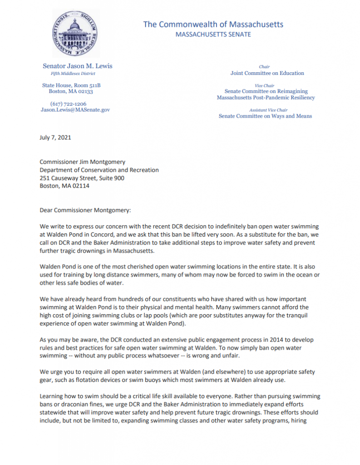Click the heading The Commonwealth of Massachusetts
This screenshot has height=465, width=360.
[213, 25]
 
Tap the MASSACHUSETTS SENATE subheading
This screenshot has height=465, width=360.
[213, 35]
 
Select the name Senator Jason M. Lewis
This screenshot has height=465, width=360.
[77, 66]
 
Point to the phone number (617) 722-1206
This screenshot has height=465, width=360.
[68, 104]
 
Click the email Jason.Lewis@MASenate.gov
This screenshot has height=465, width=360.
[75, 109]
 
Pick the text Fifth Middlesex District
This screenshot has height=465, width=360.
[73, 74]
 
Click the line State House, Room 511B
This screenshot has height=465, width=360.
[71, 85]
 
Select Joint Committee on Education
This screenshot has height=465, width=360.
[267, 73]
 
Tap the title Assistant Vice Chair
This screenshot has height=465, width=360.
[268, 110]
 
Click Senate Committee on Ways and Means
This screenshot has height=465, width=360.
[266, 116]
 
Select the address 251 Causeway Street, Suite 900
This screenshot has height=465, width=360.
[82, 178]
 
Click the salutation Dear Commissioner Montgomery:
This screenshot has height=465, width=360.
[85, 211]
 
